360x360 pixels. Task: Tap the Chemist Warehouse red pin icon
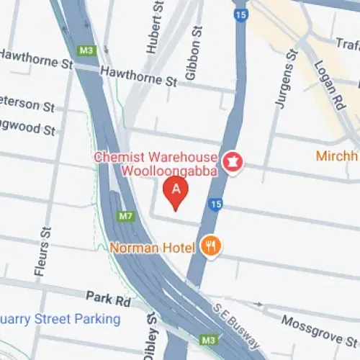233,159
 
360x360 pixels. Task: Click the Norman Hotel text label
153,248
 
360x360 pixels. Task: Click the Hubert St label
151,29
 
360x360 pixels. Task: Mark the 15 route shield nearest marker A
215,205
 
